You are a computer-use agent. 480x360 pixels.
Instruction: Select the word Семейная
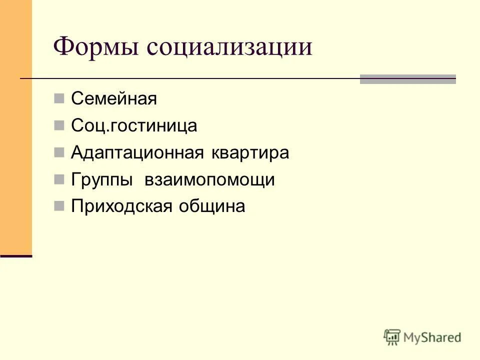pos(114,99)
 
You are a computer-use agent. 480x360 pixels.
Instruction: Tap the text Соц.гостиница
pos(134,126)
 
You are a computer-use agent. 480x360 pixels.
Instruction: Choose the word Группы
pos(101,180)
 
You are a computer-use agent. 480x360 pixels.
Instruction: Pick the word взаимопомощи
pos(209,180)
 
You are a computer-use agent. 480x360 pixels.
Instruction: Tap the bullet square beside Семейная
pos(59,98)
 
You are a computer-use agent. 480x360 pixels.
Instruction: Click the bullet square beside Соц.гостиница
pos(59,125)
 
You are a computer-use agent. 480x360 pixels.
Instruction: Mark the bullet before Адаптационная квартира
pos(59,152)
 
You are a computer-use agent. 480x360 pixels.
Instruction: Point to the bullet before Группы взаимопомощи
pos(59,179)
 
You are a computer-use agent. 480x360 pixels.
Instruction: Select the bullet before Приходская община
pos(59,205)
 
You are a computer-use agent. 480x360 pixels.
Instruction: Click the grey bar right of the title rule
pos(407,79)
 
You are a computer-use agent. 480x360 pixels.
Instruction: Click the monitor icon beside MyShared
pos(392,337)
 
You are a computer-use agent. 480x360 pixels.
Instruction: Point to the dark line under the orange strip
pos(16,256)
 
